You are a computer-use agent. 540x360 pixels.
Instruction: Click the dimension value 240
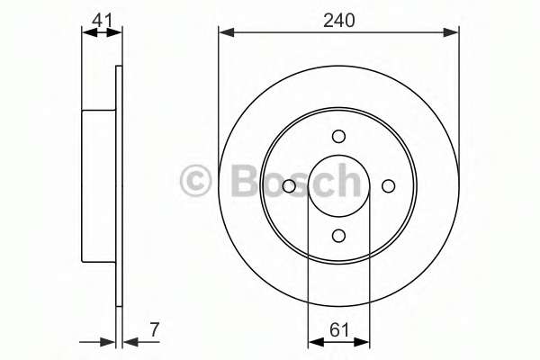click(339, 21)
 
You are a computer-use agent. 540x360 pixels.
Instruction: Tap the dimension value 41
click(103, 21)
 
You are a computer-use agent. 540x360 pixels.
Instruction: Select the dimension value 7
click(154, 329)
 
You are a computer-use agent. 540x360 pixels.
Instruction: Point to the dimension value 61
click(339, 330)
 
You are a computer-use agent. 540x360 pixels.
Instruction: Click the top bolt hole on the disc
click(339, 137)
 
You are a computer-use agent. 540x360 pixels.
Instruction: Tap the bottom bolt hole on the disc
click(339, 236)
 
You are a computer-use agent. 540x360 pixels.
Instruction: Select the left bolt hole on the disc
click(289, 186)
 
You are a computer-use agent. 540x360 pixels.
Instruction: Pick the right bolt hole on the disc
click(389, 186)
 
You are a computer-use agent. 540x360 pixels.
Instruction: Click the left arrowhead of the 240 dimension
click(226, 32)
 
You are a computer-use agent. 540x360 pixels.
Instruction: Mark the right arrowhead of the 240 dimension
click(451, 32)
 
